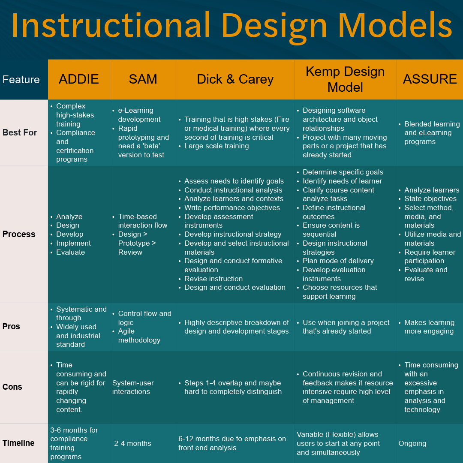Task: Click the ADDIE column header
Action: pos(79,79)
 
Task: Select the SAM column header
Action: pos(143,79)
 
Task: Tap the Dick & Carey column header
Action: pos(235,79)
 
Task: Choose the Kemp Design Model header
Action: pos(345,79)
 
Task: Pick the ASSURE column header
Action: pos(430,79)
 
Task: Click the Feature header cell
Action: pos(21,79)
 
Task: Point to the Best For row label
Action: pos(20,132)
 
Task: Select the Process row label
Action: pos(19,234)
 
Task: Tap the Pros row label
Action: pos(11,326)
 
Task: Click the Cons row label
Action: pos(12,387)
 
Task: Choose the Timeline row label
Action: pos(18,443)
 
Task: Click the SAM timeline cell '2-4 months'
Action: pos(132,443)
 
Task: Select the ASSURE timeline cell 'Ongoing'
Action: pos(412,443)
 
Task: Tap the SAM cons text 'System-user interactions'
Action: pos(133,387)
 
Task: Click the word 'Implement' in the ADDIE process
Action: pos(73,243)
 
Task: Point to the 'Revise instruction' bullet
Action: pos(213,279)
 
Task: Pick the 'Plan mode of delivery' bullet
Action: pos(338,261)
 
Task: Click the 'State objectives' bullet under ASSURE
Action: pos(430,198)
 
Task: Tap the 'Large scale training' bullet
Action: pos(216,146)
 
